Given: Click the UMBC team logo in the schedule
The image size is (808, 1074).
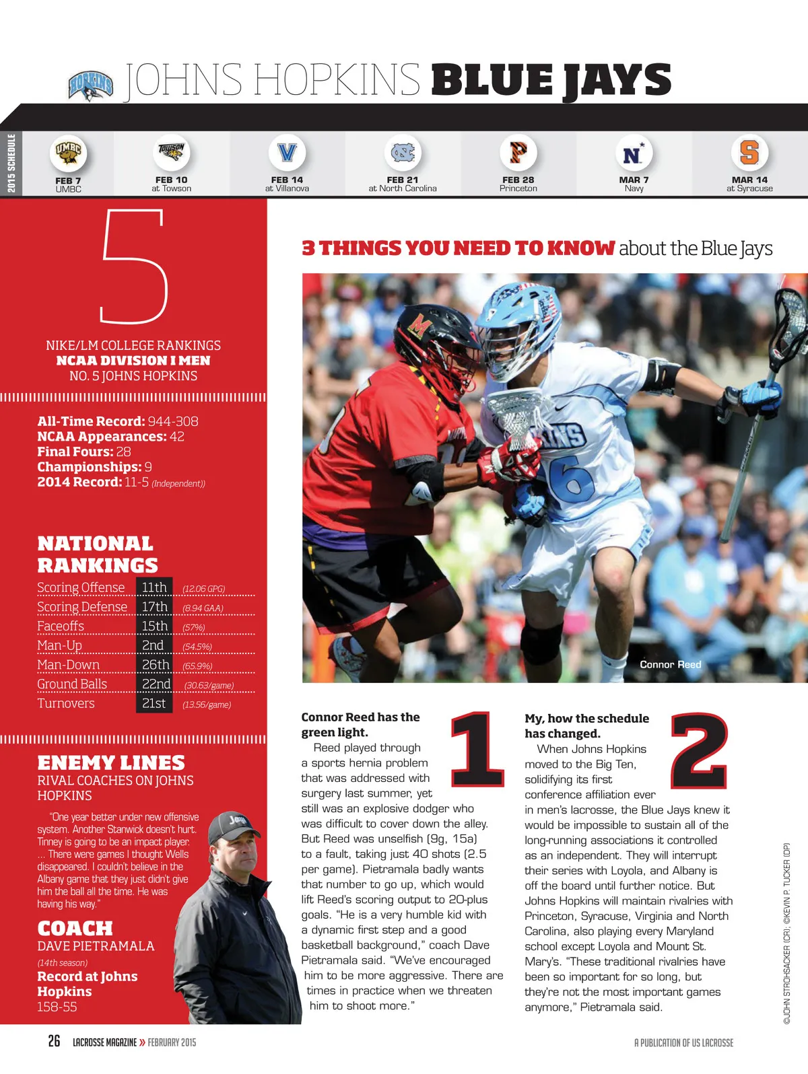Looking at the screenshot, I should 68,153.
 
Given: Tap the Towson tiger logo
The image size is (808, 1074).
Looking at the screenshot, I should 171,152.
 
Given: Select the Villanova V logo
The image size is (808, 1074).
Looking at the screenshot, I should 287,152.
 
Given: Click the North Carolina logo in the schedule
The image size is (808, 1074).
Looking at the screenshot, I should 403,152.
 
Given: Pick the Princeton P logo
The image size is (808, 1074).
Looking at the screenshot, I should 518,152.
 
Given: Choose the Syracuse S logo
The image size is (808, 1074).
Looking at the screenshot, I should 749,152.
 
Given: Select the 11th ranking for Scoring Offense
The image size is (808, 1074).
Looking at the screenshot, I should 154,587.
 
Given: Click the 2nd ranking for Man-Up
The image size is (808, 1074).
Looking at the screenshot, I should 153,645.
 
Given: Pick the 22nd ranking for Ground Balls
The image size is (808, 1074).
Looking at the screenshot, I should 156,684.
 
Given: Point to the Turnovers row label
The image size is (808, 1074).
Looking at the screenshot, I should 66,703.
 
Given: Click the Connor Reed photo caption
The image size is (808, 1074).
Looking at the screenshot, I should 670,664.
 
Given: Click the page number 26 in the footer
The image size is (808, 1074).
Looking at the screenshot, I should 54,1041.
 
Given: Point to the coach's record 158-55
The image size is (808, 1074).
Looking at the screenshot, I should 57,1007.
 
